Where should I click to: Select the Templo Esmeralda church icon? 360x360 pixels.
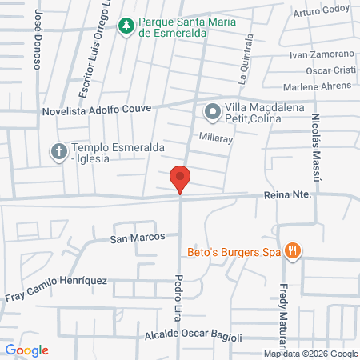click(59, 152)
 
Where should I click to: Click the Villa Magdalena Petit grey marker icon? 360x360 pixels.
click(213, 113)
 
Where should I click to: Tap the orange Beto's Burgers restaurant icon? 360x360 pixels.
click(294, 251)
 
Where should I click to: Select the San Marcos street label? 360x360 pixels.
click(137, 238)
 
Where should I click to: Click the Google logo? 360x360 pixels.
click(26, 350)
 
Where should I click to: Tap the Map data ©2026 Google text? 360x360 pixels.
click(311, 354)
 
